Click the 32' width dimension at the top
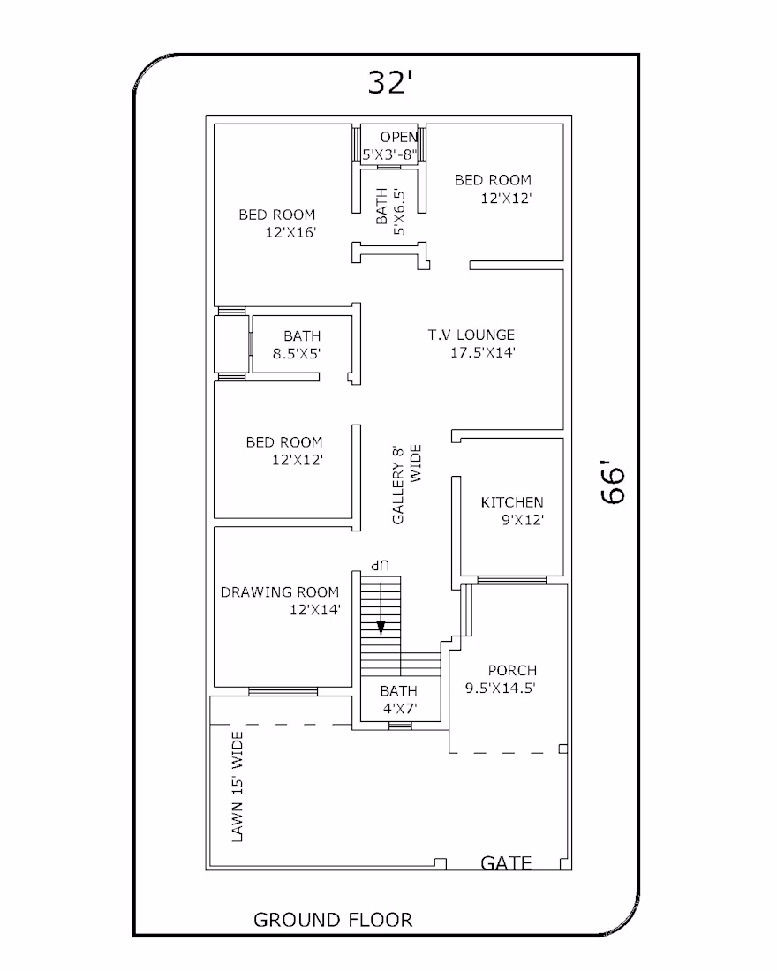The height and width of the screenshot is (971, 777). [x=389, y=82]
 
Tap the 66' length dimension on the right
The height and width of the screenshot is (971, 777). [x=614, y=482]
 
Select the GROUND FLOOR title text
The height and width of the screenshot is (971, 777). [x=333, y=920]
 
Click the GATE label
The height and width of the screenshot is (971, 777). [x=506, y=862]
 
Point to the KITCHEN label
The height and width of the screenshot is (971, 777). [x=512, y=502]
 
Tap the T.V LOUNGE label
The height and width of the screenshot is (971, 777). [x=471, y=335]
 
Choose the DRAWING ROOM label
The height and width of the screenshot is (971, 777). [x=279, y=592]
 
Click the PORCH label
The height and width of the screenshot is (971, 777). [x=512, y=671]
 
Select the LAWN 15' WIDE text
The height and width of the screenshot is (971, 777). [x=238, y=787]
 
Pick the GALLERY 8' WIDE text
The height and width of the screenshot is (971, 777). [x=406, y=485]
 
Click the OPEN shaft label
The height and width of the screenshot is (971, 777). [x=398, y=137]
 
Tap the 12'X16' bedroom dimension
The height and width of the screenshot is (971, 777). [x=291, y=233]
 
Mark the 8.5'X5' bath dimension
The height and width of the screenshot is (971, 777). [x=296, y=354]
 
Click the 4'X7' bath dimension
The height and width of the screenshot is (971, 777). [x=400, y=709]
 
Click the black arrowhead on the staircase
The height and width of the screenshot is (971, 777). [x=381, y=628]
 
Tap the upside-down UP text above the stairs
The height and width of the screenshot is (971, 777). [x=381, y=565]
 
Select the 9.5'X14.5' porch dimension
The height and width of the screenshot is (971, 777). [x=501, y=688]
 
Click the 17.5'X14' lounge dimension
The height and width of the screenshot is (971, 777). [x=483, y=353]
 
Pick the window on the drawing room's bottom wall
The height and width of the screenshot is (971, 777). [x=283, y=692]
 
